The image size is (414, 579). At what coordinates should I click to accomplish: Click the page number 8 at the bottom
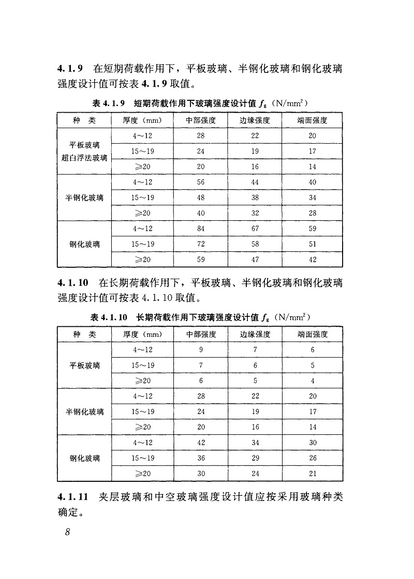tap(67, 533)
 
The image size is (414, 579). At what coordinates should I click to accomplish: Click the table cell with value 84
tap(201, 228)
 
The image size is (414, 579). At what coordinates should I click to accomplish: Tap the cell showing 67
tap(255, 228)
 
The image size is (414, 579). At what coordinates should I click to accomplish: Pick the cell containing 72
tap(201, 244)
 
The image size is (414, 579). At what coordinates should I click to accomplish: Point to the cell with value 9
tap(201, 350)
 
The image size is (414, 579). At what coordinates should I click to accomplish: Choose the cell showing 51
tap(313, 244)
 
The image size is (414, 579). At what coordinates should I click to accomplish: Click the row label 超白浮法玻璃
tap(84, 158)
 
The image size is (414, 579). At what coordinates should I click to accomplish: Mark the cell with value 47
tap(255, 260)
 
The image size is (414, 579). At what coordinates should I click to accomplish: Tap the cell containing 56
tap(201, 182)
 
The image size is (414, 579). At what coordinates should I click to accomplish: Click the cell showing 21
tap(313, 473)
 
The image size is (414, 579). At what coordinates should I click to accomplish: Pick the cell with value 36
tap(201, 458)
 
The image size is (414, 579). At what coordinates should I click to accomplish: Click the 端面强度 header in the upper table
tap(313, 120)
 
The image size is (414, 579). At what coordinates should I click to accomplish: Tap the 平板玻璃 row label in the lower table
tap(84, 365)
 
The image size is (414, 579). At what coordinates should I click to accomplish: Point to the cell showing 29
tap(255, 458)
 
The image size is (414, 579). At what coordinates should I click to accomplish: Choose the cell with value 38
tap(255, 197)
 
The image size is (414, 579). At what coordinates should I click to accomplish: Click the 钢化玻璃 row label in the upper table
tap(84, 244)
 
